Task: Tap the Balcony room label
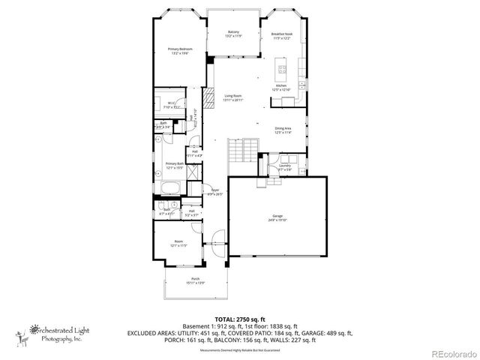(x=233, y=34)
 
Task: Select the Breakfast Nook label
(x=281, y=36)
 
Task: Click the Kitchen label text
(x=281, y=88)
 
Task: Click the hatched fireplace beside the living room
(x=211, y=79)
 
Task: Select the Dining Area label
(x=283, y=130)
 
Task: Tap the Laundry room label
(x=284, y=167)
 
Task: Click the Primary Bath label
(x=175, y=166)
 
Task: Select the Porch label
(x=194, y=281)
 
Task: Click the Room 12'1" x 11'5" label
(x=178, y=243)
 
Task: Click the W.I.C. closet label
(x=172, y=105)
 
